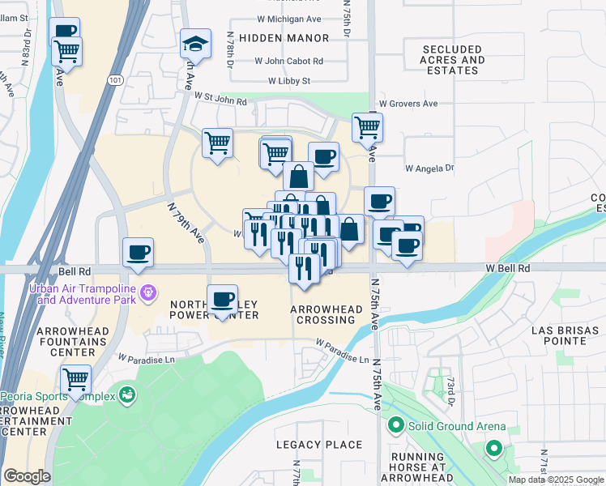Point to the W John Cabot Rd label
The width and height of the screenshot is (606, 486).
pos(288,61)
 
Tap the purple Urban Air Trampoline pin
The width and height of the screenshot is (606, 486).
pos(147,292)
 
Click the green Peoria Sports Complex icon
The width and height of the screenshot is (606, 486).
pos(126,395)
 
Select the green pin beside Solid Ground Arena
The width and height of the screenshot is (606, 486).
pos(396,424)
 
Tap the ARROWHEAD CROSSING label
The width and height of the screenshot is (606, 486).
pos(324,315)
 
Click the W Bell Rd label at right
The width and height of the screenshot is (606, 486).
pos(508,268)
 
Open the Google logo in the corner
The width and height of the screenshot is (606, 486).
pos(28,476)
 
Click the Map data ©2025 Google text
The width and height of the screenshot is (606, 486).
pos(556,480)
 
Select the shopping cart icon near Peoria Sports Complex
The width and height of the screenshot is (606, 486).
pos(75,378)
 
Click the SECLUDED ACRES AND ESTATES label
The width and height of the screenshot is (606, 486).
pos(452,60)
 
